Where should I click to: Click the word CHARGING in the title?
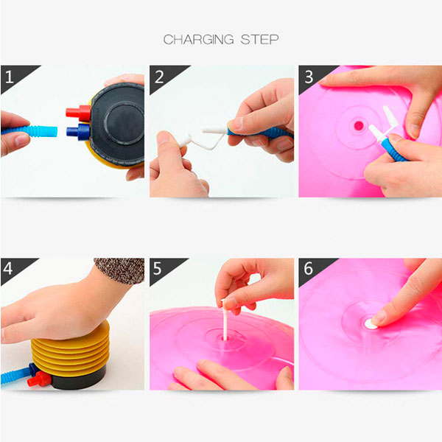click(x=198, y=40)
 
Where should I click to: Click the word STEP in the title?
click(x=259, y=40)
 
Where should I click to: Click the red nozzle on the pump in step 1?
click(x=79, y=113)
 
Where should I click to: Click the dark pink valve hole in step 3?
click(x=359, y=125)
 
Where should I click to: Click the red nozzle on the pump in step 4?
click(x=40, y=379)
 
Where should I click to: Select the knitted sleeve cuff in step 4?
click(x=120, y=270)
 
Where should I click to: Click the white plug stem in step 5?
click(x=225, y=320)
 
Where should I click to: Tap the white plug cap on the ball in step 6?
click(x=371, y=324)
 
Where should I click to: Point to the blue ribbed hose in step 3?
click(x=393, y=149)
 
